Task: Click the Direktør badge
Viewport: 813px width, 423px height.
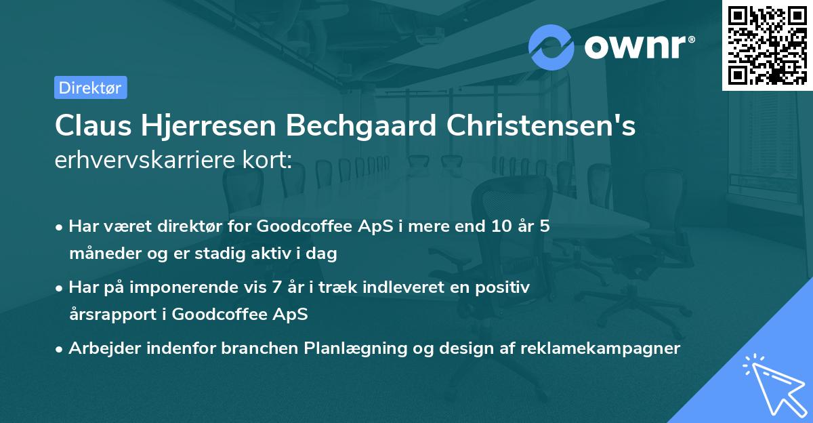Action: (x=90, y=87)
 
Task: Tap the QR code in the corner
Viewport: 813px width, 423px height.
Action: (x=767, y=45)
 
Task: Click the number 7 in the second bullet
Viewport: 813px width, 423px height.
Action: (x=276, y=287)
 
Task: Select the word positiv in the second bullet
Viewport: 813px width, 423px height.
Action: (x=505, y=287)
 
